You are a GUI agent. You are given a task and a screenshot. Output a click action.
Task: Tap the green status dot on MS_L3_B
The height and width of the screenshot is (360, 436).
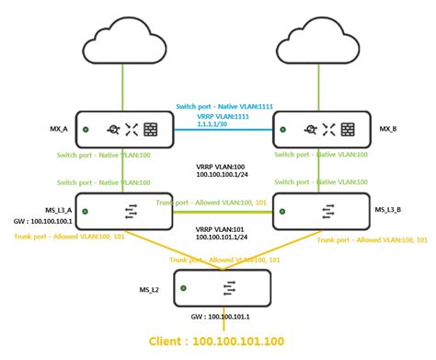[x=285, y=211]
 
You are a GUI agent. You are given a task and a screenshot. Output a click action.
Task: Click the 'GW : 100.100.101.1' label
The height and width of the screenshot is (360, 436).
[x=223, y=318]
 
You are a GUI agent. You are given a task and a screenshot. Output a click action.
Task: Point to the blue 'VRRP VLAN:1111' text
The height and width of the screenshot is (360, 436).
[x=218, y=118]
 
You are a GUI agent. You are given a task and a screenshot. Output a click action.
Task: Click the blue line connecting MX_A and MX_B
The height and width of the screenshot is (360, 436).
[x=218, y=130]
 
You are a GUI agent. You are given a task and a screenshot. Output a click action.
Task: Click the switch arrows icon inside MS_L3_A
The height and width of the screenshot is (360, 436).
[x=123, y=211]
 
